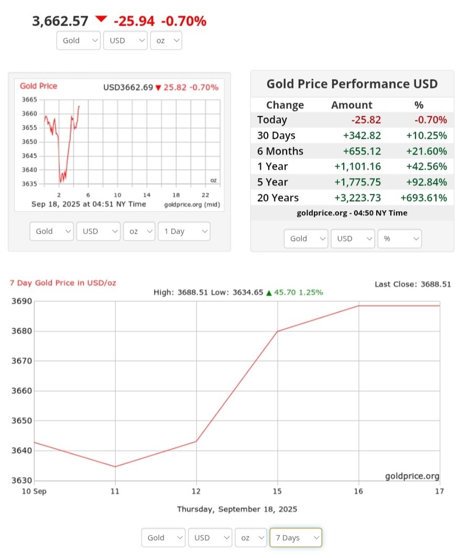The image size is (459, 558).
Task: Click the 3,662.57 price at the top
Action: [x=60, y=21]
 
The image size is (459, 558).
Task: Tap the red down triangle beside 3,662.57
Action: [x=101, y=19]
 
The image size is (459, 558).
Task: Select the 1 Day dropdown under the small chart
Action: [x=183, y=231]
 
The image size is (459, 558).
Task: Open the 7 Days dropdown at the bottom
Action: [x=296, y=538]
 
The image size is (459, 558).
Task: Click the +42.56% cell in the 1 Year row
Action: [x=427, y=167]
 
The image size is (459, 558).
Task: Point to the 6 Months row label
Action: [x=280, y=151]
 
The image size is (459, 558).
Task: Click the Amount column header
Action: [x=352, y=105]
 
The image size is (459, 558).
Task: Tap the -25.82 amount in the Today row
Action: [x=366, y=120]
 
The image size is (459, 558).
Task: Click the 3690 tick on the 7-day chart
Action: [x=22, y=301]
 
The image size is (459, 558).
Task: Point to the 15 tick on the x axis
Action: [x=277, y=491]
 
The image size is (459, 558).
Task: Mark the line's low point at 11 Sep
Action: [x=115, y=466]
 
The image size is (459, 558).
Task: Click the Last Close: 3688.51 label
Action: [x=412, y=284]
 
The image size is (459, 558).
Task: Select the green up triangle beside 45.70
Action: [x=269, y=292]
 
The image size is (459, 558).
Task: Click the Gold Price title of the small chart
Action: [x=39, y=86]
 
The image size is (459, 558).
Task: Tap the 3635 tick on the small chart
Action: [x=29, y=183]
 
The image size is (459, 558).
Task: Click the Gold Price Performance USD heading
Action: [x=352, y=84]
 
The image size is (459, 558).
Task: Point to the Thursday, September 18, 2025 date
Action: [x=237, y=509]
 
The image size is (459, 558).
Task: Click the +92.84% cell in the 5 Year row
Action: [x=427, y=182]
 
